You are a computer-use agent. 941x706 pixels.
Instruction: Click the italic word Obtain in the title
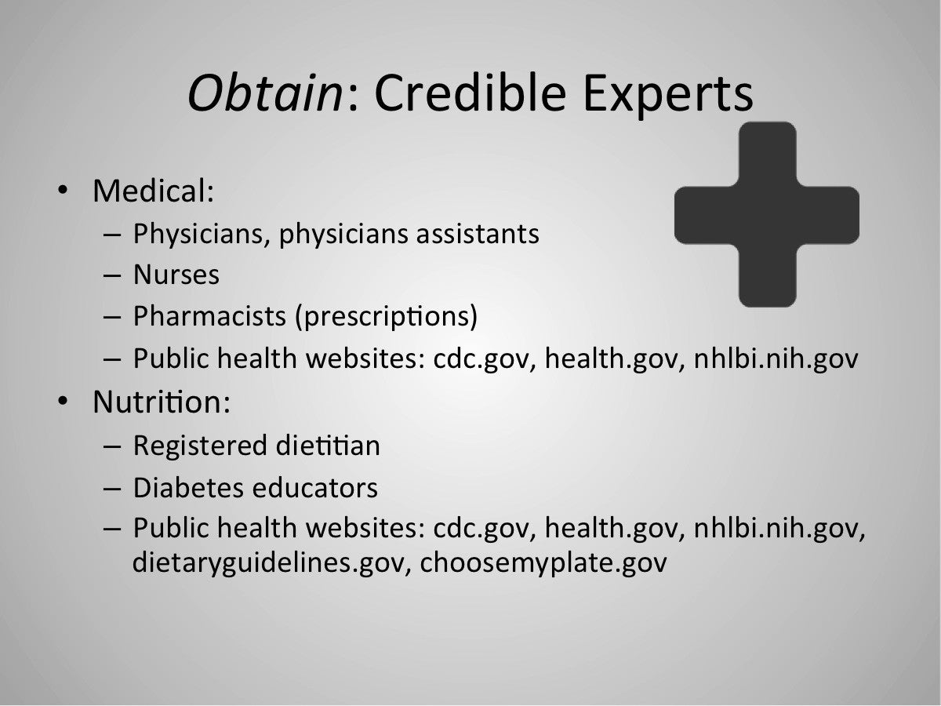coord(265,93)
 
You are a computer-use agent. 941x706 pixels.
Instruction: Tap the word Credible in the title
coord(470,92)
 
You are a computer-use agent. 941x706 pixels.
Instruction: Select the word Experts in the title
coord(668,95)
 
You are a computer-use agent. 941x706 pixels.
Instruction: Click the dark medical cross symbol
coord(767,214)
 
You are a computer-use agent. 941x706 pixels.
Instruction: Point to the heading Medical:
coord(153,191)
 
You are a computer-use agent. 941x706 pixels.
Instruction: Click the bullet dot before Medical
coord(63,190)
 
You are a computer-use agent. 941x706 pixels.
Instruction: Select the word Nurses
coord(176,275)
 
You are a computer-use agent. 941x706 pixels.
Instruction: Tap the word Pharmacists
coord(209,316)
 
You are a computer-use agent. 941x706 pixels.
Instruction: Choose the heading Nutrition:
coord(162,402)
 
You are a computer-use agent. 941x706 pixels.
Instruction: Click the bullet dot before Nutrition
coord(63,401)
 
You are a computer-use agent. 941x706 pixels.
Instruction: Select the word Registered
coord(200,446)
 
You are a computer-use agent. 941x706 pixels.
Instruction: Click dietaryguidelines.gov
coord(268,562)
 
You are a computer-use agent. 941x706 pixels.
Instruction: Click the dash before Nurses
coord(112,275)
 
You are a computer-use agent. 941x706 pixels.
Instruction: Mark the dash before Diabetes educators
coord(112,489)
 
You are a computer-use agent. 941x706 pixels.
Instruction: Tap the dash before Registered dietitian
coord(112,446)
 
